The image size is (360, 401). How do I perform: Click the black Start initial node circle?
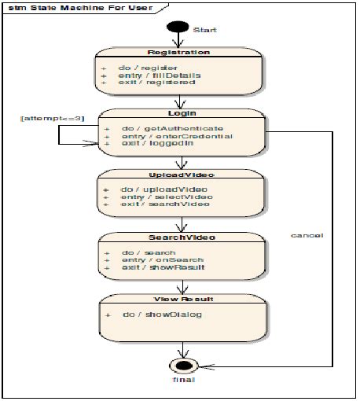click(178, 27)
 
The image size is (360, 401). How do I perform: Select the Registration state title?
click(179, 53)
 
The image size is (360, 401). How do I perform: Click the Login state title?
click(181, 113)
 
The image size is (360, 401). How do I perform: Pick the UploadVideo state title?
click(181, 175)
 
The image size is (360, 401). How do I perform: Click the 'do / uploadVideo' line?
click(158, 189)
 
